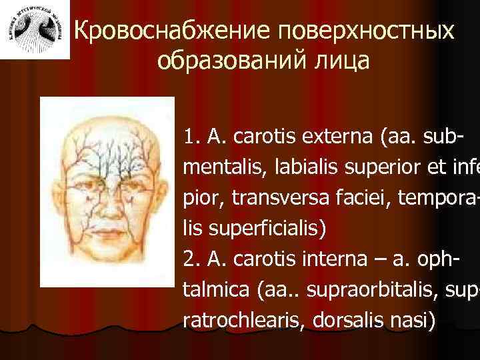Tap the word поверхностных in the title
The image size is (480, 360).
tap(368, 31)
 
